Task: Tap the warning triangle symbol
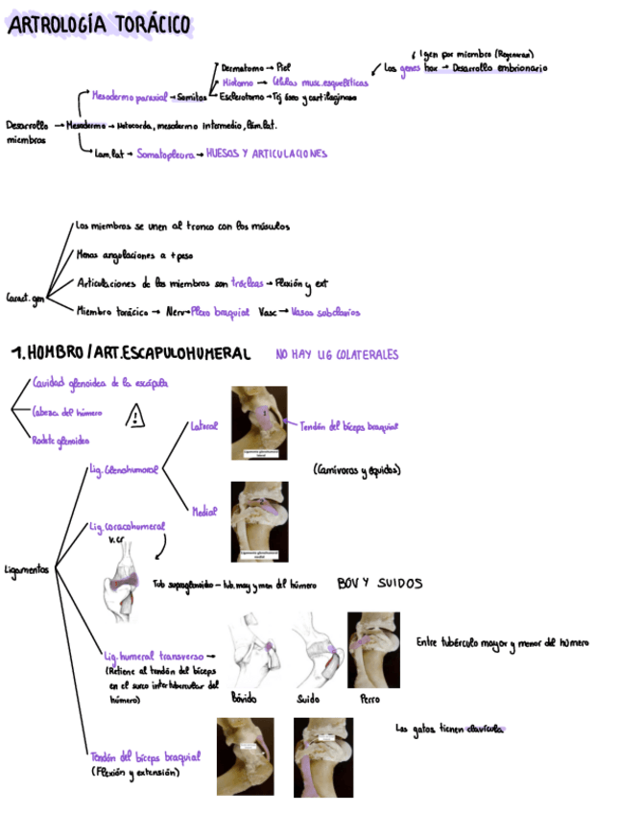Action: [136, 415]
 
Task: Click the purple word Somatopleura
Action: [165, 154]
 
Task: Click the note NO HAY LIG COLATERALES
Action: [336, 355]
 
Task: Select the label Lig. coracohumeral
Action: [126, 527]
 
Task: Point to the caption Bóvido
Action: [245, 700]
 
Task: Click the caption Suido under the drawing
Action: [308, 700]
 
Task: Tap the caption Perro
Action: [370, 700]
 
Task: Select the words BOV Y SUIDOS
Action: [379, 583]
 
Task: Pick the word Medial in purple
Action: [203, 513]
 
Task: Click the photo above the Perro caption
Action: [373, 650]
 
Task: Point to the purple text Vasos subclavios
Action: [325, 311]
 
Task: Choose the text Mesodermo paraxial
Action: [129, 97]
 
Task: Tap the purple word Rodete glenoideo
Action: [61, 441]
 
